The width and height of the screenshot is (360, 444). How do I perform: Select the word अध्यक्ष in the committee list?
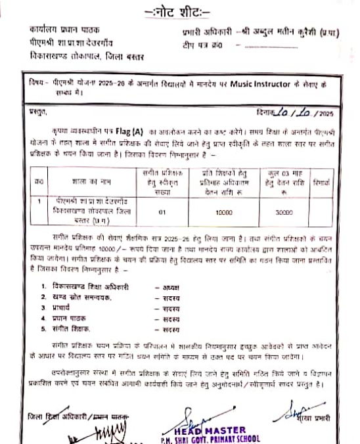[171, 286]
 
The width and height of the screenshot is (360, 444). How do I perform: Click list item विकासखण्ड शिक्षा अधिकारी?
[93, 286]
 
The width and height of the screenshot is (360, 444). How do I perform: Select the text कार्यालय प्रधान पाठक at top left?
[64, 30]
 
